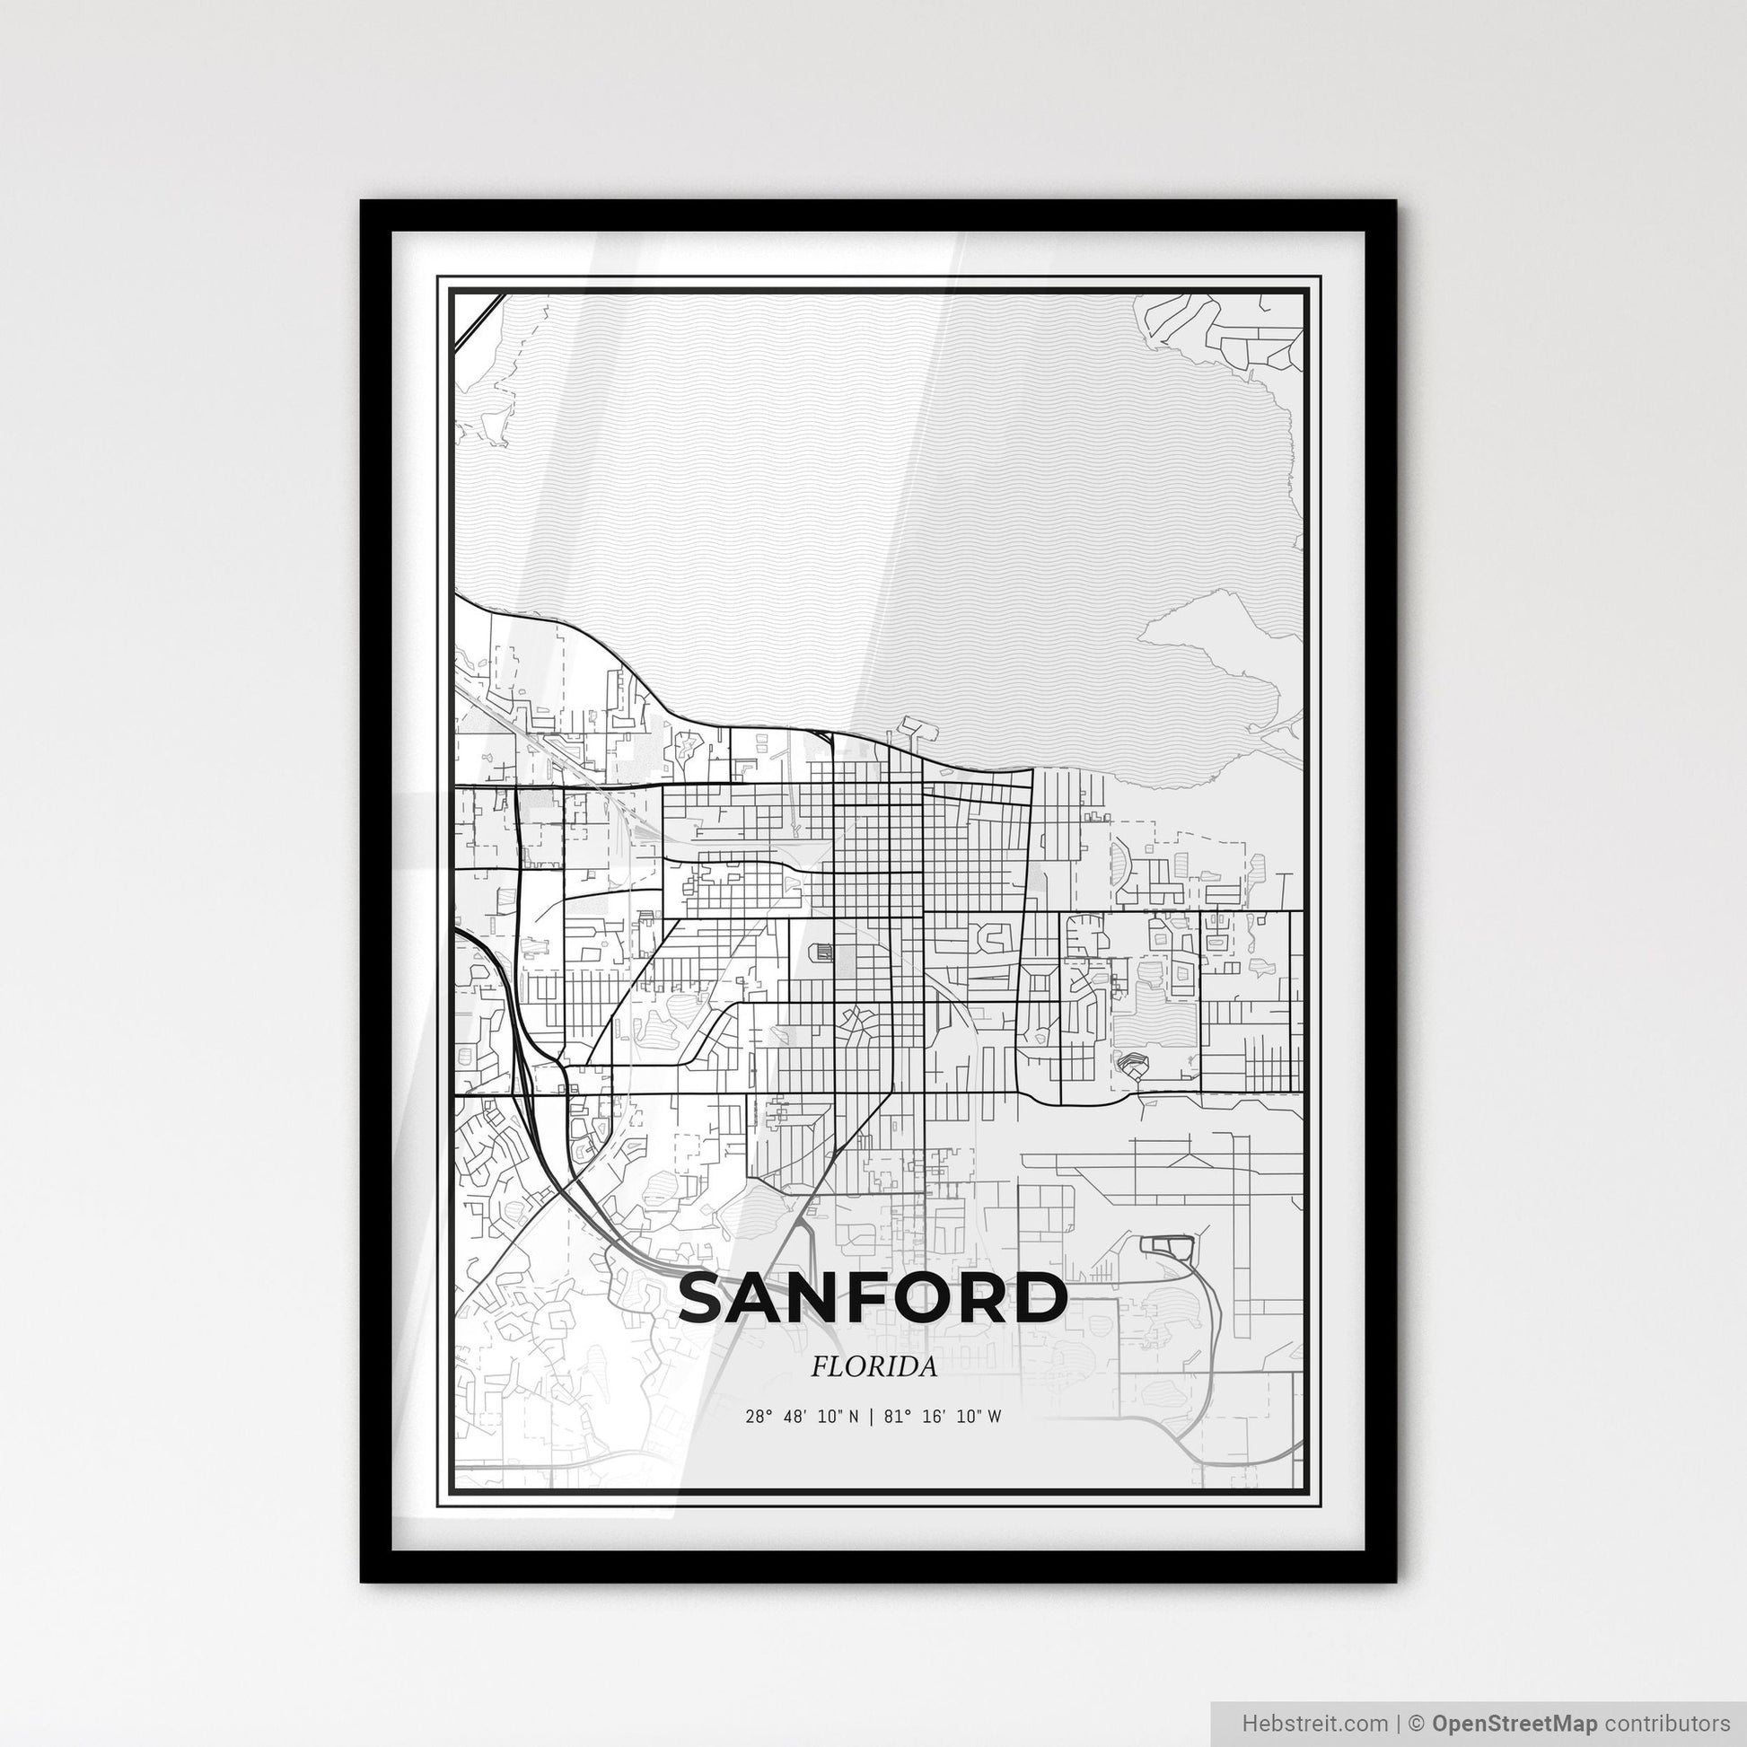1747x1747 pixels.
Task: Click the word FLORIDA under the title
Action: pyautogui.click(x=873, y=1367)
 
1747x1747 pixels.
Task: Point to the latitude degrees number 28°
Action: pyautogui.click(x=757, y=1417)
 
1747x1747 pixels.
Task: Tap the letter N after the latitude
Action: pyautogui.click(x=856, y=1417)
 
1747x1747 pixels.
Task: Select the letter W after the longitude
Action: pyautogui.click(x=995, y=1417)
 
